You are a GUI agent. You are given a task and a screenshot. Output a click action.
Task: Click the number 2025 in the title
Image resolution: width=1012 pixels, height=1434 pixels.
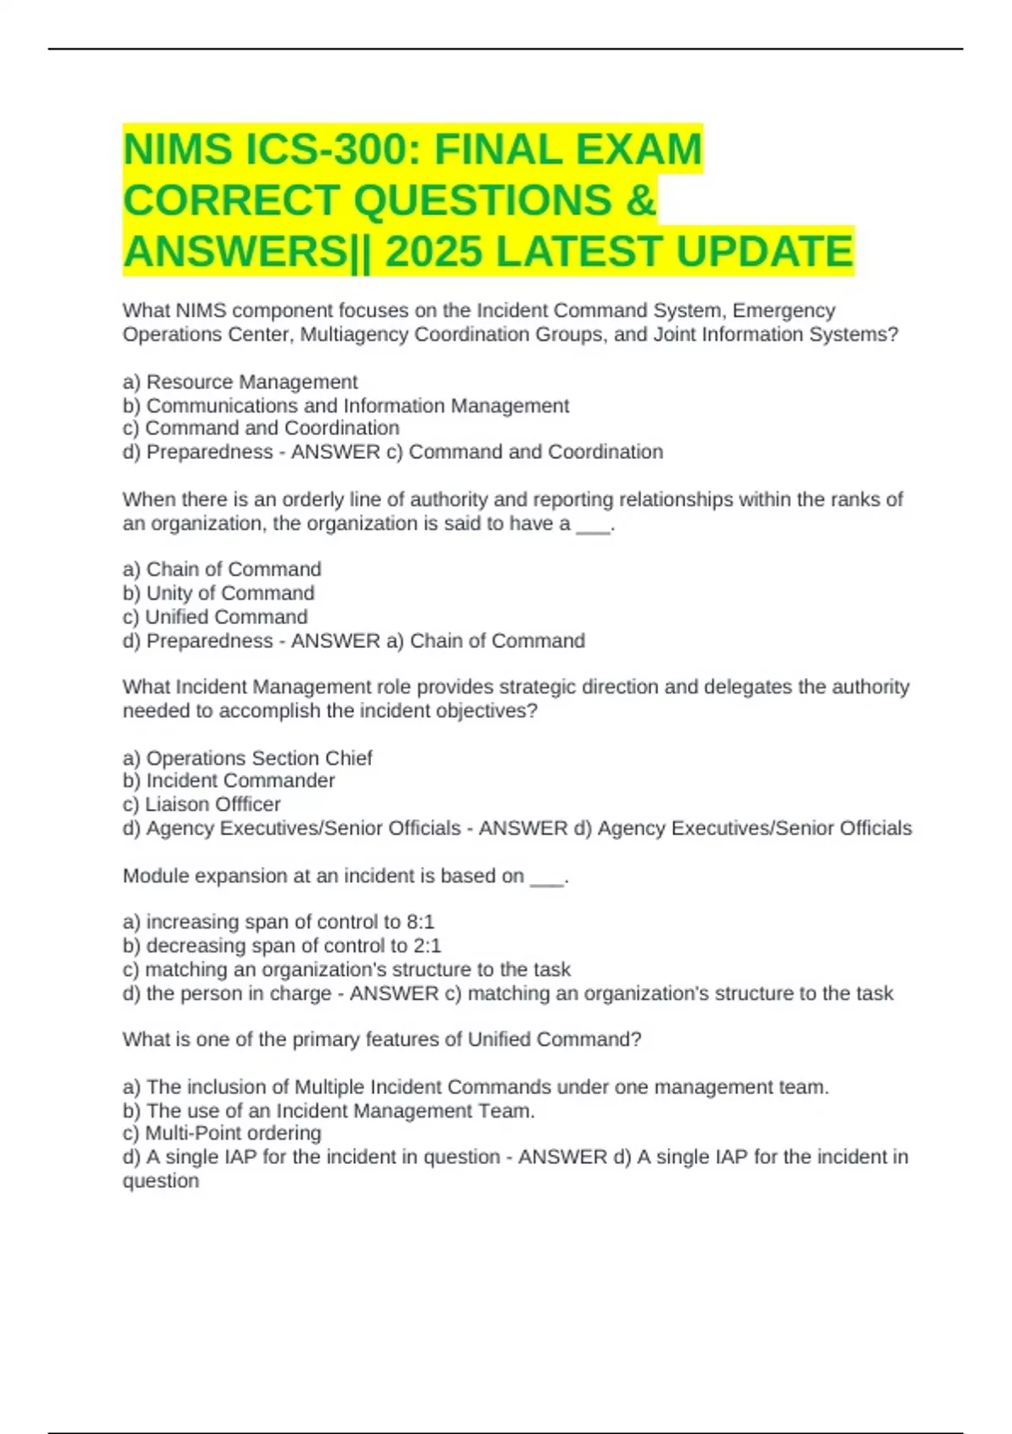[x=433, y=251]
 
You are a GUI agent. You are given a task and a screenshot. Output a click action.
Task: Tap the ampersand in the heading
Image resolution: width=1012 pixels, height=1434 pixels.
[x=641, y=201]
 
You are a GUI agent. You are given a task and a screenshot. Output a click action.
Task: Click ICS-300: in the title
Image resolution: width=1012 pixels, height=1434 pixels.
[x=333, y=150]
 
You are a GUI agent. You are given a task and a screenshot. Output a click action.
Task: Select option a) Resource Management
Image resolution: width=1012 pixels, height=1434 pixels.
[x=240, y=382]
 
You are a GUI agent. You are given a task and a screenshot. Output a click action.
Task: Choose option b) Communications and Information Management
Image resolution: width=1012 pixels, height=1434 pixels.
[x=346, y=406]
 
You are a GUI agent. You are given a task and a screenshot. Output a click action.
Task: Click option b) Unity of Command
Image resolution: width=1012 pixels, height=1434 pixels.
[x=218, y=593]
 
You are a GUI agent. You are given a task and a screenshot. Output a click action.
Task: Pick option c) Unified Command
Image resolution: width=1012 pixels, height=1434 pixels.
[x=215, y=617]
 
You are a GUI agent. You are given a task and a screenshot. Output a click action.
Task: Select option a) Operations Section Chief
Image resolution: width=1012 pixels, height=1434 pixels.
[x=247, y=757]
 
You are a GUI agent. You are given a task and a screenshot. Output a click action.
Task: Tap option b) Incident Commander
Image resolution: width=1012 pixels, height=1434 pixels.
[x=229, y=780]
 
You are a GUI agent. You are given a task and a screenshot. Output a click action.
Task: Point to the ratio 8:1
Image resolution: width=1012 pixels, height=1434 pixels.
[x=420, y=922]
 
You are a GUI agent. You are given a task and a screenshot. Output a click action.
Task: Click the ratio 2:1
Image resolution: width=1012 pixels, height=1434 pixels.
[x=427, y=946]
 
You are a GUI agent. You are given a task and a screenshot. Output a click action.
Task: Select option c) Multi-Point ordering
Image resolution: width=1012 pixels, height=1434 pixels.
[x=222, y=1133]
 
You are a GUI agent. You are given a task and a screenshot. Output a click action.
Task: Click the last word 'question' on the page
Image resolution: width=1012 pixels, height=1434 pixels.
[x=161, y=1180]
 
